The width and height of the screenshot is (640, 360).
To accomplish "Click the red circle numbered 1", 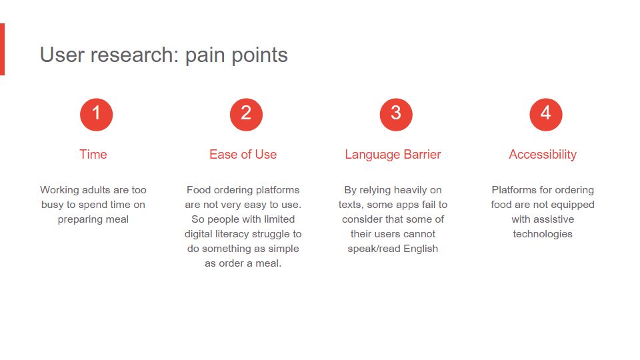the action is pyautogui.click(x=96, y=114).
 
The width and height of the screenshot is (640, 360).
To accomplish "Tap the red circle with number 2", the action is pyautogui.click(x=246, y=114).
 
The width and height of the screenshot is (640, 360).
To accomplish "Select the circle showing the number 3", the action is pyautogui.click(x=396, y=114).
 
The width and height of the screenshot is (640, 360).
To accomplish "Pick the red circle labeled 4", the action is pyautogui.click(x=546, y=114).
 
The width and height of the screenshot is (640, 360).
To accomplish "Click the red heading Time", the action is pyautogui.click(x=93, y=154).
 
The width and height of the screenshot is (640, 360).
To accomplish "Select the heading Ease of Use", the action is pyautogui.click(x=243, y=154).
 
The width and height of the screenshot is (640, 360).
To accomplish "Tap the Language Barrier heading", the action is pyautogui.click(x=393, y=155).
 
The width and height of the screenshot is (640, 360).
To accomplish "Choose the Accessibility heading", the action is pyautogui.click(x=543, y=155).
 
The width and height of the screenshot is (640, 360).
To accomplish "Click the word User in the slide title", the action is pyautogui.click(x=63, y=55).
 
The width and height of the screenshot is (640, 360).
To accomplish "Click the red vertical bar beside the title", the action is pyautogui.click(x=2, y=49).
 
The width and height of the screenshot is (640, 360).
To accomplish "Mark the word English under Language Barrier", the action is pyautogui.click(x=421, y=249).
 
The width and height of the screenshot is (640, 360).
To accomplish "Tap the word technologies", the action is pyautogui.click(x=543, y=234).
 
